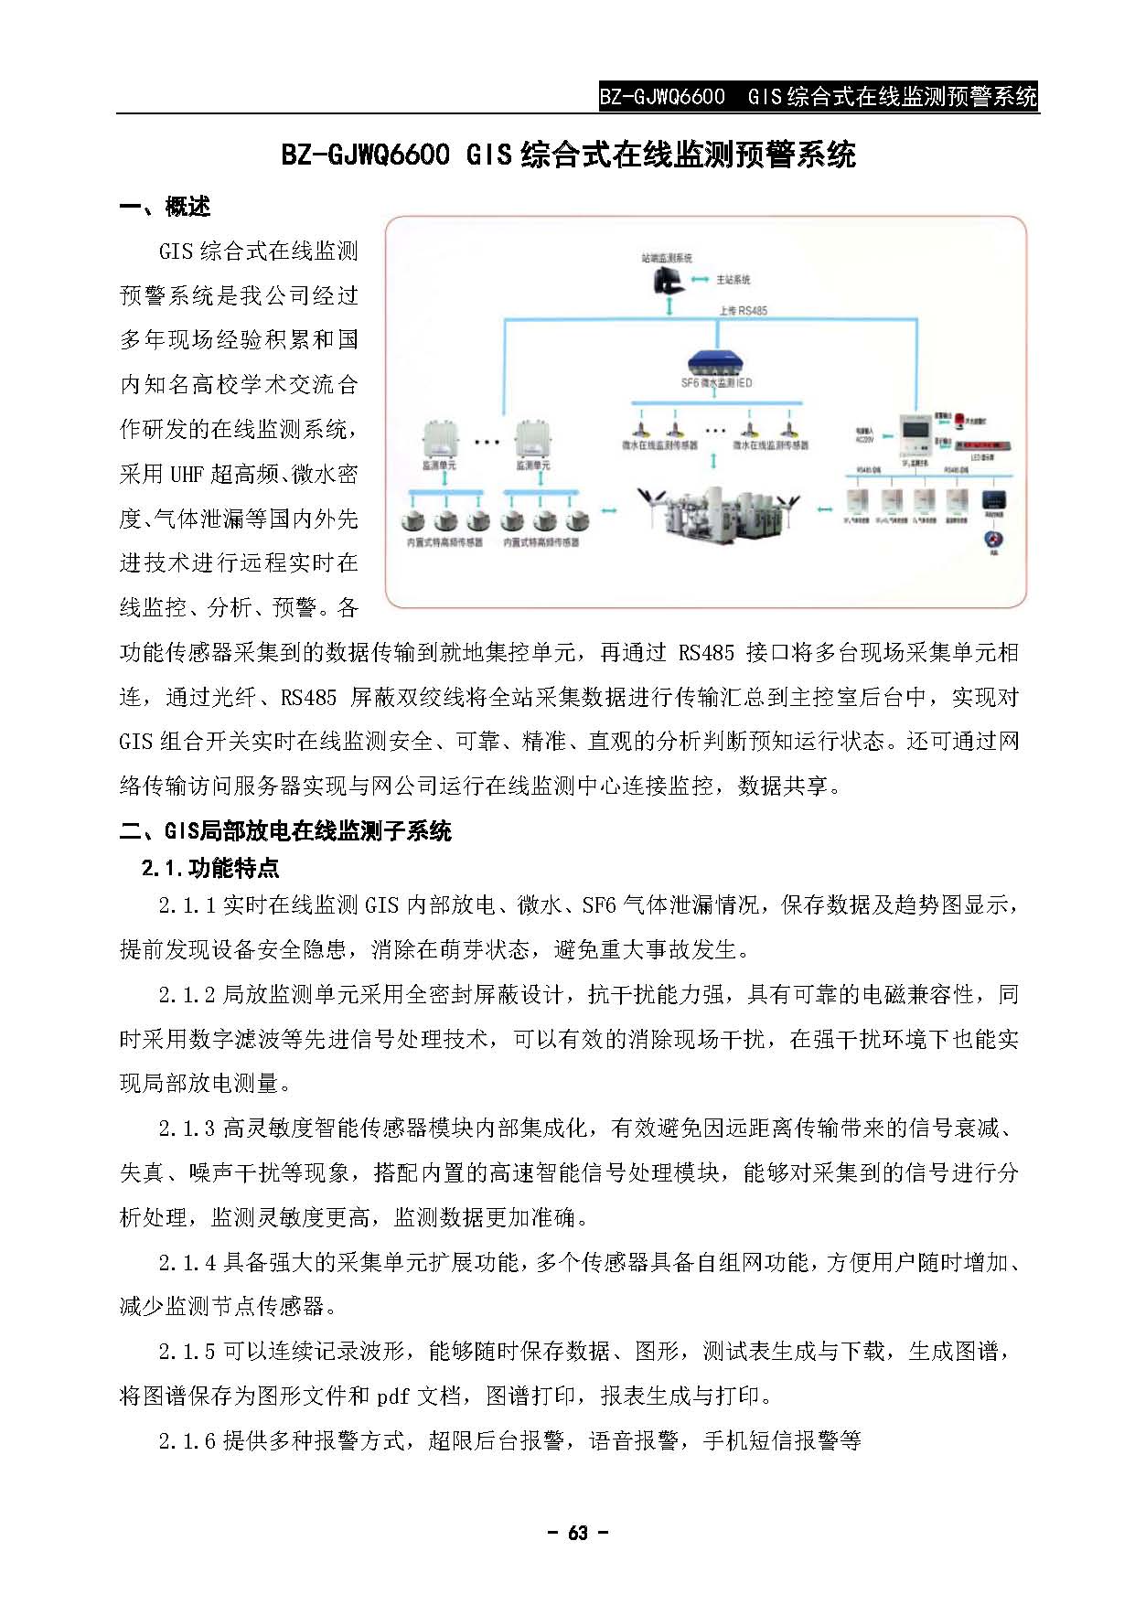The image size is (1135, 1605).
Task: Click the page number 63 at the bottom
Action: pos(577,1534)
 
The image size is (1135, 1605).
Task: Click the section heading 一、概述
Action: pos(165,208)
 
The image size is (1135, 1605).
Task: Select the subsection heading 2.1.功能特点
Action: pos(210,868)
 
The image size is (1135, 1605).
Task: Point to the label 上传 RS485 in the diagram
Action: pos(743,311)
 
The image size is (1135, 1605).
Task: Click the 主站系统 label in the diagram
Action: pos(733,280)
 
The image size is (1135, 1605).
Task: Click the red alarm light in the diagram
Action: pos(958,421)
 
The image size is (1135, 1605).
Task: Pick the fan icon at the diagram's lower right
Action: pos(992,540)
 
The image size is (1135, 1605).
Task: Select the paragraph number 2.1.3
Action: pos(187,1129)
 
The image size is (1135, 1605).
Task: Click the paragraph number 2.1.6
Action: pos(187,1441)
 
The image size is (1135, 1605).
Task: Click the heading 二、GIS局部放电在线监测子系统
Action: pos(285,831)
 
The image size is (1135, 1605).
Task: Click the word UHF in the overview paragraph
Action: pos(187,474)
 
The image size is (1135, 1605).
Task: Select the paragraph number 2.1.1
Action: pos(187,905)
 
